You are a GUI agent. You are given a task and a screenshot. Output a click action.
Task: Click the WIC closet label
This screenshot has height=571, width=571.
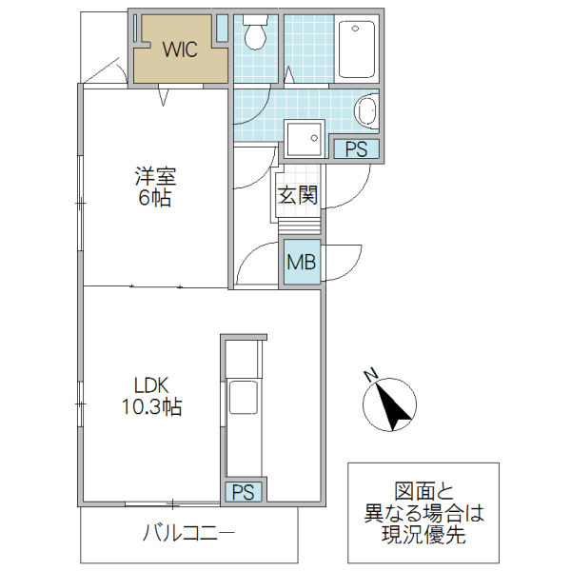point(179,50)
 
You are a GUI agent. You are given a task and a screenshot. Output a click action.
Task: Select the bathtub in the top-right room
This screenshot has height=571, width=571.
point(358,48)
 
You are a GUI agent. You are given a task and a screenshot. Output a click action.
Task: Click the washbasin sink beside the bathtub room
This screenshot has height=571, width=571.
point(366,112)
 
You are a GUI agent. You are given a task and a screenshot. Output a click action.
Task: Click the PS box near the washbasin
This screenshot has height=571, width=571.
point(355,148)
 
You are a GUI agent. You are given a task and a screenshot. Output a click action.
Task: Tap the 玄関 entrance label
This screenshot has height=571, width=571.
point(297,196)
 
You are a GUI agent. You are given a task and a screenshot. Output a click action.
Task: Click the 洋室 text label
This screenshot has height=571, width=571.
point(154,177)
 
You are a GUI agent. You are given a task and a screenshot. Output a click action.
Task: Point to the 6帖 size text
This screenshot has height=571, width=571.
point(154,199)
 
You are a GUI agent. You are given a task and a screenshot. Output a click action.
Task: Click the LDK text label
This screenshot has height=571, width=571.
point(150,385)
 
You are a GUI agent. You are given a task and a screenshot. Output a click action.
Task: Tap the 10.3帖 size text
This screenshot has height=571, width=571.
point(150,407)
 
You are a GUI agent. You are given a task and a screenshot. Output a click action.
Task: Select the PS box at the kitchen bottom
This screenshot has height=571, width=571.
point(244,492)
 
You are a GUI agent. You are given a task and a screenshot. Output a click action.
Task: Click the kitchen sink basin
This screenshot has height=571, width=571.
point(242,399)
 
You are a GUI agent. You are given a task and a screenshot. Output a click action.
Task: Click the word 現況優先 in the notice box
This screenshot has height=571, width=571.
point(423,536)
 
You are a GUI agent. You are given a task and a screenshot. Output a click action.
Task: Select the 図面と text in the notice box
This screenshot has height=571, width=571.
point(423,493)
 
